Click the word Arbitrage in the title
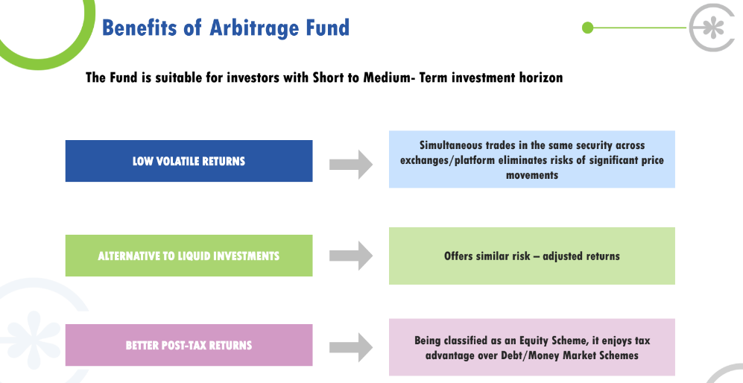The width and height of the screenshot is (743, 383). (x=254, y=28)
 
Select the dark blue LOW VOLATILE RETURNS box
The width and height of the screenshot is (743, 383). (x=189, y=161)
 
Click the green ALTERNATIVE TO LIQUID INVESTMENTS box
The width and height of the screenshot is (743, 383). (x=189, y=256)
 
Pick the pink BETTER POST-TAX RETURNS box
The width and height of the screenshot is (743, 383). (x=189, y=345)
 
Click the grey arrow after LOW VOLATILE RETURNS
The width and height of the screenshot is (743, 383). (x=351, y=165)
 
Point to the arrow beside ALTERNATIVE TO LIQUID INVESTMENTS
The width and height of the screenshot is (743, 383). (x=351, y=256)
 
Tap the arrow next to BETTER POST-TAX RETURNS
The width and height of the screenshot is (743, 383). (x=351, y=347)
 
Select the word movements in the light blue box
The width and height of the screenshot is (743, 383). (x=531, y=175)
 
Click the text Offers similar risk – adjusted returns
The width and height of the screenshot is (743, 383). (x=531, y=256)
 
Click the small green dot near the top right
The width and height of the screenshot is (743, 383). (x=587, y=28)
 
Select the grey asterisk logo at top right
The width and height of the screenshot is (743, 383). (x=713, y=28)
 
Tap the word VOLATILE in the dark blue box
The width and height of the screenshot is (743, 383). (x=177, y=161)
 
